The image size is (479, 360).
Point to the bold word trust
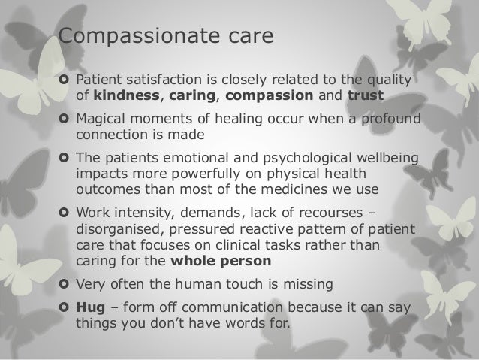pos(365,95)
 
